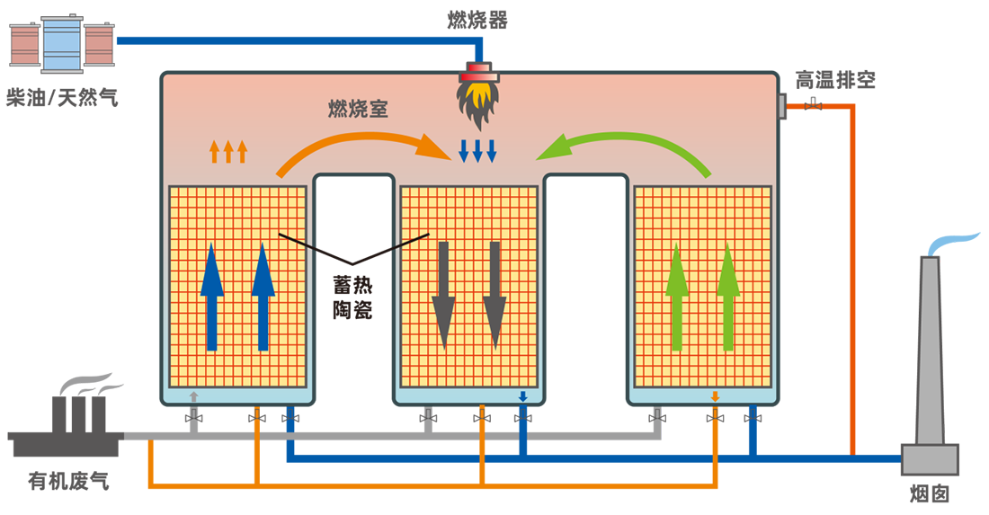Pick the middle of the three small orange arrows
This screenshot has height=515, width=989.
228,151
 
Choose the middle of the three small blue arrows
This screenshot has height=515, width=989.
477,151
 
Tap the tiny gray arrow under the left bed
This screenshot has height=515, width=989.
193,395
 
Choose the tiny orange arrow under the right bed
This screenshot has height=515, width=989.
715,395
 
